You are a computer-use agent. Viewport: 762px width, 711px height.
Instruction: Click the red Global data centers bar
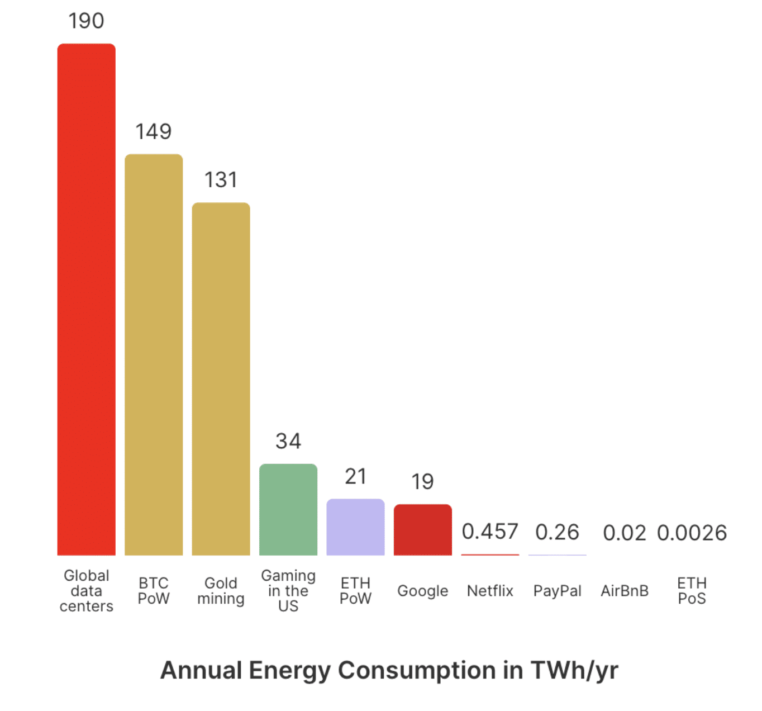coord(87,300)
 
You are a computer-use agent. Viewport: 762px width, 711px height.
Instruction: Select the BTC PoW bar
coord(154,354)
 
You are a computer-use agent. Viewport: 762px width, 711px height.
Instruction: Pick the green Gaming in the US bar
coord(288,509)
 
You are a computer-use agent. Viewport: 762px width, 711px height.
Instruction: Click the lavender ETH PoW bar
coord(355,527)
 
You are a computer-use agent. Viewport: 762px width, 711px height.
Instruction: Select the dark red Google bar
coord(423,530)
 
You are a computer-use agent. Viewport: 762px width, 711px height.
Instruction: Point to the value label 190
coord(87,21)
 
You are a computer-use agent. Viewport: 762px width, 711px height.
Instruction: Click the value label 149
coord(154,132)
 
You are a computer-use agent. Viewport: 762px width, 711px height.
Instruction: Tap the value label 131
coord(221,180)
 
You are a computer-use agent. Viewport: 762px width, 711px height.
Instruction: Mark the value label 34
coord(288,442)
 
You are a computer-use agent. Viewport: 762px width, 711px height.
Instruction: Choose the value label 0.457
coord(490,532)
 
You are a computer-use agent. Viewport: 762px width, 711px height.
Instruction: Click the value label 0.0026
coord(692,533)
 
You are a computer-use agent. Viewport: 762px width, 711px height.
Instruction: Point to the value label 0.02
coord(625,533)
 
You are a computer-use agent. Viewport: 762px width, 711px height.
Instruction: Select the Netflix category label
coord(490,591)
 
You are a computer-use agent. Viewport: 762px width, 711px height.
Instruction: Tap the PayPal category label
coord(557,591)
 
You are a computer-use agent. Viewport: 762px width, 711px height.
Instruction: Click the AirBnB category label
coord(625,591)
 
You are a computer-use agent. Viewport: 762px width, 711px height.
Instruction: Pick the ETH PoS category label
coord(692,591)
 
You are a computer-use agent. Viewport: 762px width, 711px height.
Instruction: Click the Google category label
coord(423,591)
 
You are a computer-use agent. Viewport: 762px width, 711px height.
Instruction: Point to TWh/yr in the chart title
coord(574,670)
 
